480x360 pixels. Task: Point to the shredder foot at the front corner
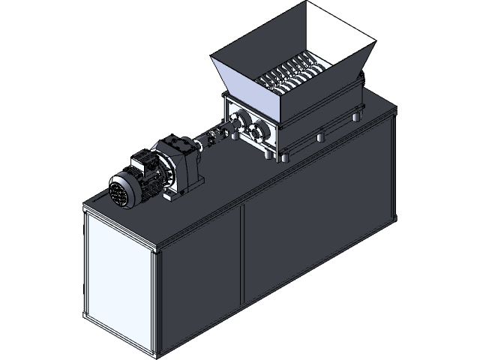click(x=284, y=157)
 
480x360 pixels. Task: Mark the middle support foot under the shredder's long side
click(x=321, y=136)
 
